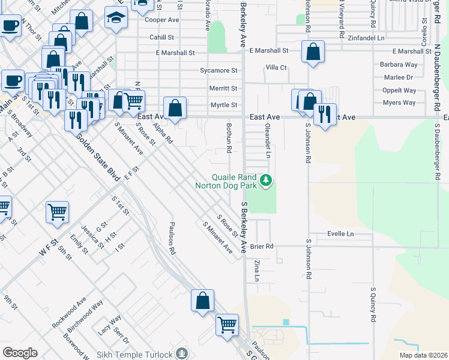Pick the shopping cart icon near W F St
tap(57, 211)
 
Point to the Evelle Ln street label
tap(340, 233)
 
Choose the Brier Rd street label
tap(262, 246)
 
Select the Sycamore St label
tap(218, 70)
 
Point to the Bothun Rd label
tap(229, 137)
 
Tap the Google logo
tap(20, 353)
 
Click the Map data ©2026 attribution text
tap(421, 355)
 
